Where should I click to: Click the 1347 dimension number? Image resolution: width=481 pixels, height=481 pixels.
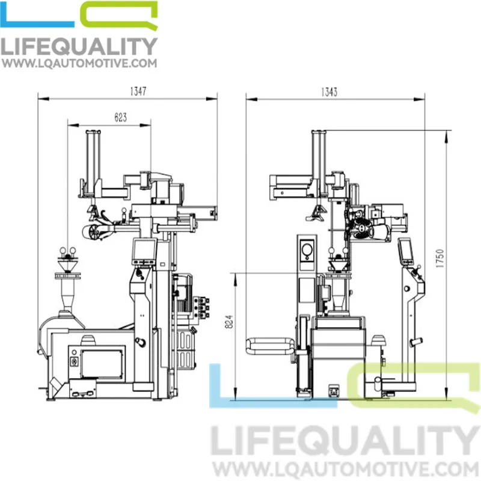(x=138, y=91)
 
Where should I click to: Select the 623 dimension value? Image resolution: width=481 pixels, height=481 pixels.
(x=121, y=117)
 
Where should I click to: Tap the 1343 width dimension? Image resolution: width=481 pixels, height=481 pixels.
(x=329, y=92)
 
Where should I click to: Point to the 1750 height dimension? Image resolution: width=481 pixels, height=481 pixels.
(x=440, y=259)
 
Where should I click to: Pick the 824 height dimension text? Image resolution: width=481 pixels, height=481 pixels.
(x=229, y=322)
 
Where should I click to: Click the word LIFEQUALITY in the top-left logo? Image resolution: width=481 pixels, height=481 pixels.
(x=79, y=46)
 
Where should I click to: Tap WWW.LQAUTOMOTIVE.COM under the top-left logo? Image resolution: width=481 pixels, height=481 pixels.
(x=79, y=63)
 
